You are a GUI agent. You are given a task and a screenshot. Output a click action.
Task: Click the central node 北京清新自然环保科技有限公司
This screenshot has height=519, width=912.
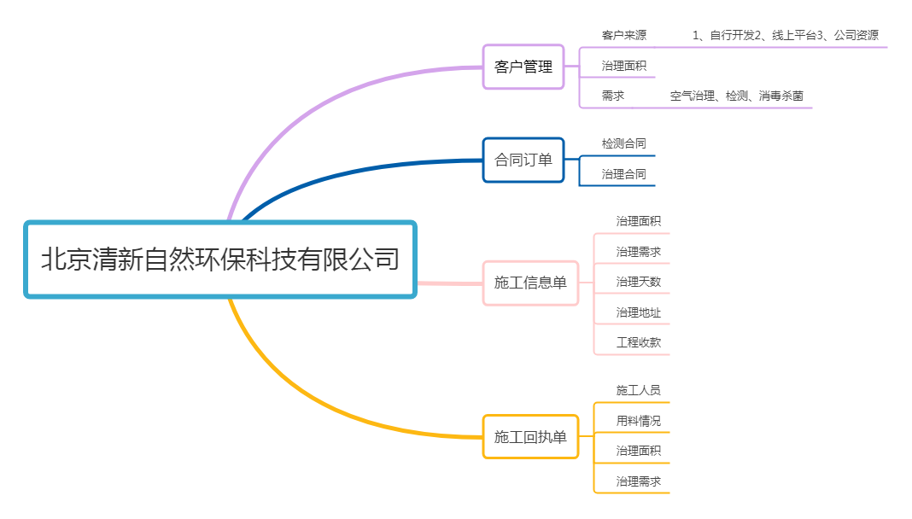[x=220, y=259]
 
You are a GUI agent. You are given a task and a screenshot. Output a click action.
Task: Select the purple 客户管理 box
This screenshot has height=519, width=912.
[x=523, y=67]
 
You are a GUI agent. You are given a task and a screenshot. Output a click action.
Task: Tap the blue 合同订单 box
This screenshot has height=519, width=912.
[x=523, y=160]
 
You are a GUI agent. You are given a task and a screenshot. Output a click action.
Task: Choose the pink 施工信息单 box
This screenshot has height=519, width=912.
[x=530, y=283]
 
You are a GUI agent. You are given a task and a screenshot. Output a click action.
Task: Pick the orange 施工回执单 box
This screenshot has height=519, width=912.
[x=530, y=437]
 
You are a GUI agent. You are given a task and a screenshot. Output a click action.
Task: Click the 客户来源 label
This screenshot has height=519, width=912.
[x=623, y=35]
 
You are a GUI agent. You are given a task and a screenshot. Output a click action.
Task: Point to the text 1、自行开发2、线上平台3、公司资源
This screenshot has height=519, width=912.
[x=785, y=35]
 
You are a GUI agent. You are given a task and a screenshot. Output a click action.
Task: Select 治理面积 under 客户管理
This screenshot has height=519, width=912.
[x=623, y=66]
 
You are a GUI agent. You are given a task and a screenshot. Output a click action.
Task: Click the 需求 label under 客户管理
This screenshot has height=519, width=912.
[x=612, y=96]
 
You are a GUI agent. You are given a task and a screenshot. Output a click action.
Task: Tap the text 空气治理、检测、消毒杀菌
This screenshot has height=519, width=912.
[x=736, y=96]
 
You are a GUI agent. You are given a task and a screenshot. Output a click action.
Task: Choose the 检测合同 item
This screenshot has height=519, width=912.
[x=623, y=143]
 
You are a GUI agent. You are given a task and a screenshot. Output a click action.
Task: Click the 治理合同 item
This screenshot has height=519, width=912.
[x=623, y=174]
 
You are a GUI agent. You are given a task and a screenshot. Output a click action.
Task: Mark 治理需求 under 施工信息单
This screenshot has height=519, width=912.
[x=638, y=252]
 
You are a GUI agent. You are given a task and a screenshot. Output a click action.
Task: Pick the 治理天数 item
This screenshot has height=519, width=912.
[x=638, y=282]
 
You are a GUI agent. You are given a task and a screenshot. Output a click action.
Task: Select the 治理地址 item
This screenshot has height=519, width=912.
[x=638, y=312]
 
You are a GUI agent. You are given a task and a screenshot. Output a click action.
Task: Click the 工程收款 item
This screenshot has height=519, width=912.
[x=638, y=343]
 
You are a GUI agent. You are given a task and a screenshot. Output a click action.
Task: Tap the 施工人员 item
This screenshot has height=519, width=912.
[x=638, y=390]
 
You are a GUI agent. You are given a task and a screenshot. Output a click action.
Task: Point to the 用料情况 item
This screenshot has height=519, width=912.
[x=638, y=421]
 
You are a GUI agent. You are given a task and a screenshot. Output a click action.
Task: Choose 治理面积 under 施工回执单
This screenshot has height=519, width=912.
[x=638, y=451]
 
